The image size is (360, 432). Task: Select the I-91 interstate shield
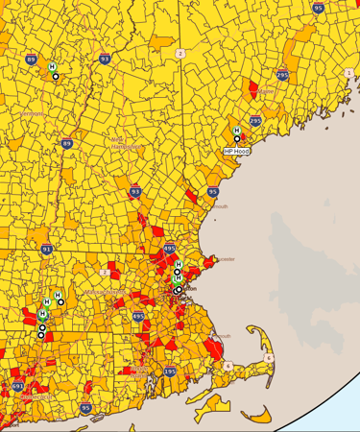coord(47,249)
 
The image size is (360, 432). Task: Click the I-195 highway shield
coord(170,371)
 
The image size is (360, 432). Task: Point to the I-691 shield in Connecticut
coord(17,386)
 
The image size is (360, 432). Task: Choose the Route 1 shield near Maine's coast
coord(348,73)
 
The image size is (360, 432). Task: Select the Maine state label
coord(266,91)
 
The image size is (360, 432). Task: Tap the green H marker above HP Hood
coord(236,131)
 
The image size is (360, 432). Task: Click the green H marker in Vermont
coord(52,66)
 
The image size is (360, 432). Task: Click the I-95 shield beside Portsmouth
coord(212,192)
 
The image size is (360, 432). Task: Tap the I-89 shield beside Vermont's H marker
coord(32,60)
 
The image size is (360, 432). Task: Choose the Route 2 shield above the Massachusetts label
coord(103,272)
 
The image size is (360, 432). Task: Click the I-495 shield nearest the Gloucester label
coord(170,249)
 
